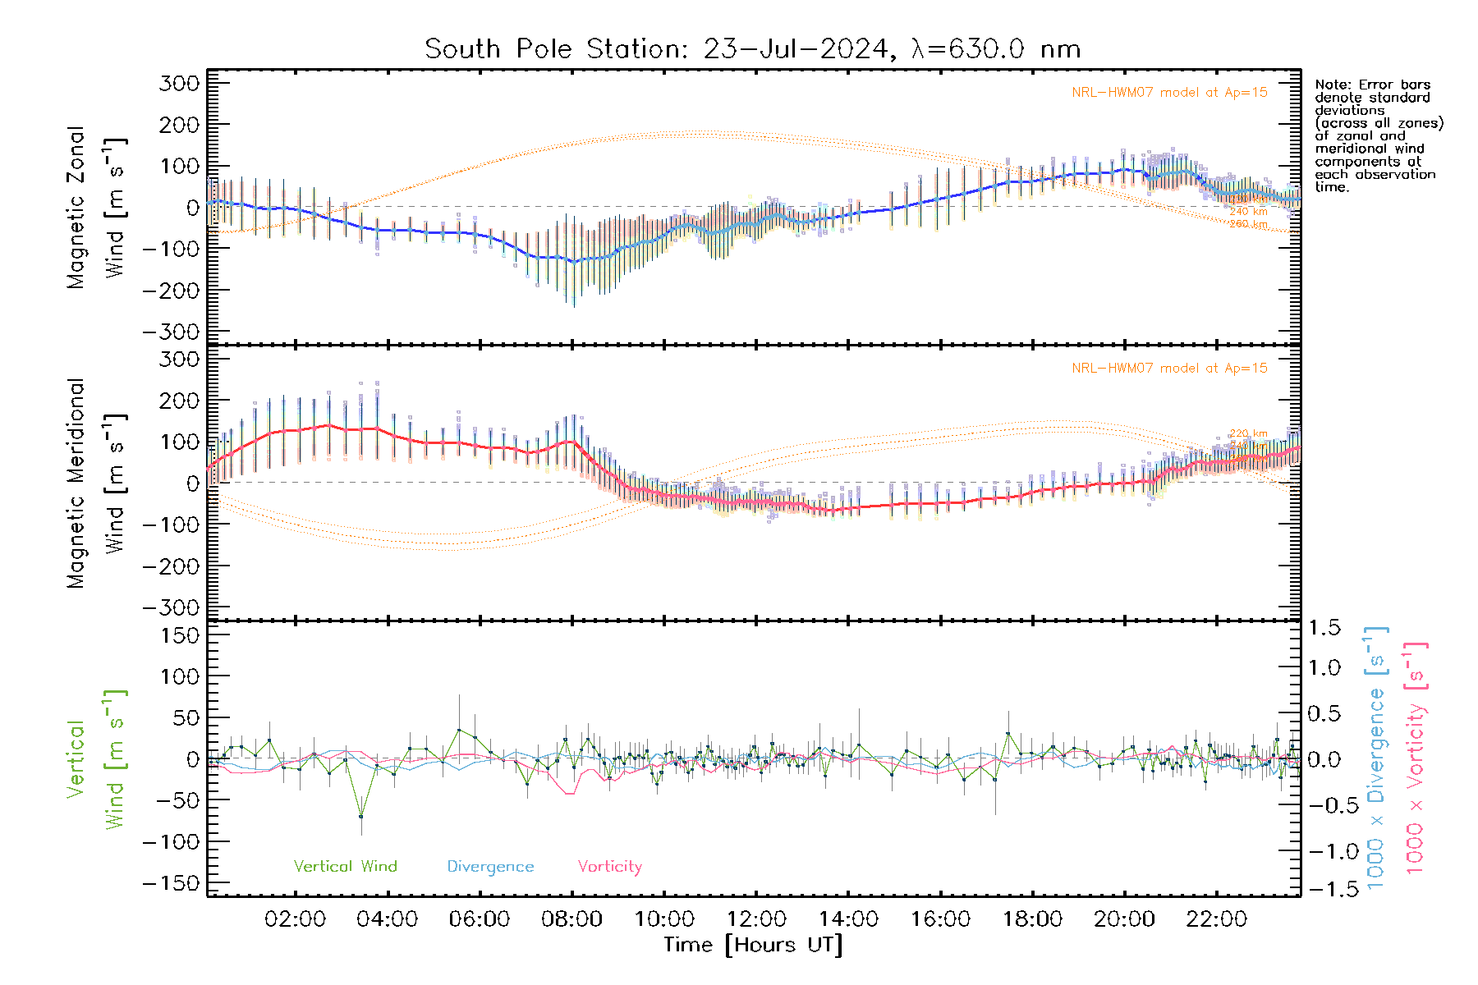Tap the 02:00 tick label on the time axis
295,919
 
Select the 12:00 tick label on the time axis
756,919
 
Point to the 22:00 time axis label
1216,919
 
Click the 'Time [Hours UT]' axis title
753,945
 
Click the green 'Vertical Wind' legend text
345,866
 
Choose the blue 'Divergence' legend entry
490,866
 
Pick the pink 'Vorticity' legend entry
609,866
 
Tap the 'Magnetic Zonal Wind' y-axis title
95,207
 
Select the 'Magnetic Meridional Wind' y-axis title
95,483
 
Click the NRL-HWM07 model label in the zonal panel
1169,92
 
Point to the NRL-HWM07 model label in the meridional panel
1169,368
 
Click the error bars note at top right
1378,135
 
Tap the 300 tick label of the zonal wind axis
180,83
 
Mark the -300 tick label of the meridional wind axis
171,607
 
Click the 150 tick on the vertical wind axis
180,635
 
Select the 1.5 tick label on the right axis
1324,628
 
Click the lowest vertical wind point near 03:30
361,817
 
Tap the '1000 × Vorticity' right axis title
1415,758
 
